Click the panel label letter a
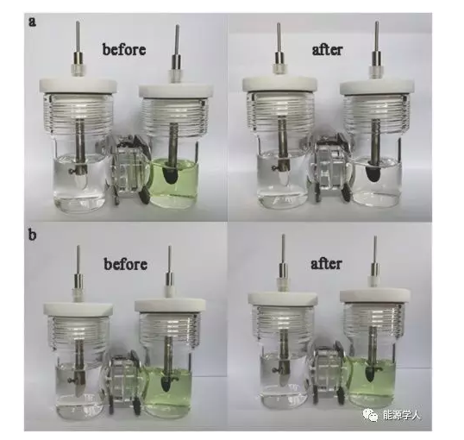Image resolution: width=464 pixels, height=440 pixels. click(x=32, y=22)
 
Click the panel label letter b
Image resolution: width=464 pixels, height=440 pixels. click(x=32, y=236)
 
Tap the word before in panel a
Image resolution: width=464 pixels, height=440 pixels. click(x=124, y=49)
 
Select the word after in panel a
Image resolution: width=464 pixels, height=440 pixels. click(x=327, y=49)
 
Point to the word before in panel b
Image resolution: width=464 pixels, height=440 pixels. click(x=125, y=263)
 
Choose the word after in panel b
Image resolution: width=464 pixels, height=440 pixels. click(x=326, y=263)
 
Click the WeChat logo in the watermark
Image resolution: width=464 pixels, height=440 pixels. click(x=371, y=415)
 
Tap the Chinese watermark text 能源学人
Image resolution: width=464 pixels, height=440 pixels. click(x=402, y=416)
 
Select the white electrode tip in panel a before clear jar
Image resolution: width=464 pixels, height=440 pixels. click(x=79, y=180)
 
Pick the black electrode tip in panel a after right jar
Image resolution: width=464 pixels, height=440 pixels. click(x=373, y=173)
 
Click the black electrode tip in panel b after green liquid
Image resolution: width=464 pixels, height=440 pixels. click(x=370, y=374)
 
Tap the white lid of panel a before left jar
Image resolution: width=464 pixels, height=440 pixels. click(x=78, y=85)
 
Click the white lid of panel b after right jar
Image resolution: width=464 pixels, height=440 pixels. click(x=375, y=298)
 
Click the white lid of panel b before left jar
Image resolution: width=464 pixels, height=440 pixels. click(x=78, y=310)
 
